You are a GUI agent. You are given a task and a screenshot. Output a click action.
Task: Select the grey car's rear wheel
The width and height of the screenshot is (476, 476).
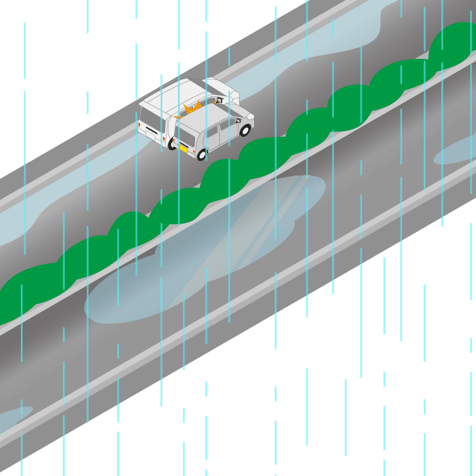(202, 155)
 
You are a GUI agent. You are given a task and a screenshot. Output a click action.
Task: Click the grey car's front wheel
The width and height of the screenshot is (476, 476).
(245, 130)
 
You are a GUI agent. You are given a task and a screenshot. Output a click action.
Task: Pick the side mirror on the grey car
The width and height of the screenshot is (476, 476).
(237, 121)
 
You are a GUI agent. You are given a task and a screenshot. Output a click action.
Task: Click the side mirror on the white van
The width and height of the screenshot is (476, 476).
(218, 100)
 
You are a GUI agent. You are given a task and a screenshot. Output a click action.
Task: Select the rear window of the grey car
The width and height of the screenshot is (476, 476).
(186, 135)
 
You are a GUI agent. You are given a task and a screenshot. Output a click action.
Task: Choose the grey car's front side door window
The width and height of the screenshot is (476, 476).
(227, 124)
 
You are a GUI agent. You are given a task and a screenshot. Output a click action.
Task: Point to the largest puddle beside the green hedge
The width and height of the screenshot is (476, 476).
(208, 250)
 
